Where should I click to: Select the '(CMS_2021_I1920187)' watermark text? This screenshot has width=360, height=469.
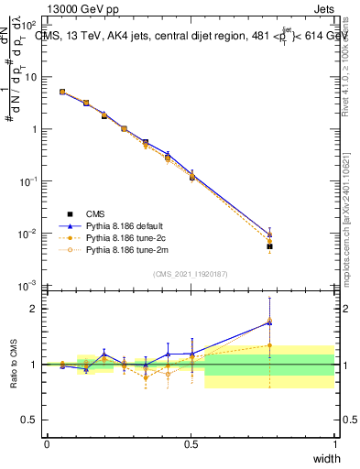coord(191,273)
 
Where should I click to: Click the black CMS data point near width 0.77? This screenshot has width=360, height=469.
coord(269,246)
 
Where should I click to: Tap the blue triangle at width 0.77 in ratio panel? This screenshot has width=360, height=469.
coord(269,322)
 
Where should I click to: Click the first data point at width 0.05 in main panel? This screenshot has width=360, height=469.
coord(61,92)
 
